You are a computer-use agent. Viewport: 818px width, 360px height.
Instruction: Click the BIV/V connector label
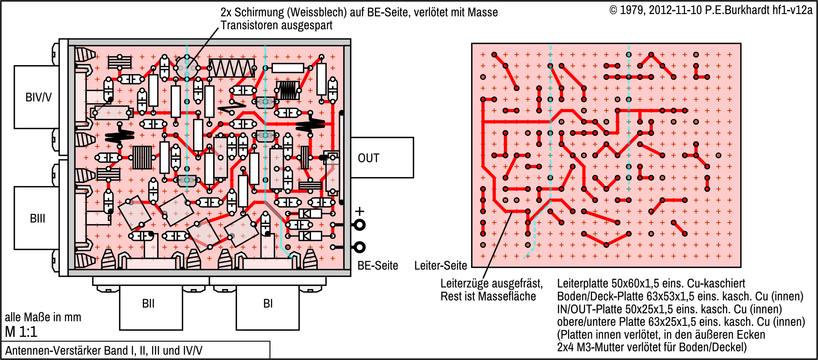(x=38, y=98)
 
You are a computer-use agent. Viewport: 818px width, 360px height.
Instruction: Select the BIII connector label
(x=38, y=219)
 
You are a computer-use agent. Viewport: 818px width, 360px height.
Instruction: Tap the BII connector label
(x=148, y=304)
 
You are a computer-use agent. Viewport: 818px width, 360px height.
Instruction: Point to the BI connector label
(x=268, y=304)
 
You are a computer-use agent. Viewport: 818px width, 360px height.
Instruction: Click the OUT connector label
(x=368, y=158)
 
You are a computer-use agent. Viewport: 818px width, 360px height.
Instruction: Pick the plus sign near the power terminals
(x=359, y=212)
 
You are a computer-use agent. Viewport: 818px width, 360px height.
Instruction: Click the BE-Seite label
(x=378, y=266)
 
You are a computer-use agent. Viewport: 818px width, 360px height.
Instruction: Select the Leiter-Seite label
(x=440, y=266)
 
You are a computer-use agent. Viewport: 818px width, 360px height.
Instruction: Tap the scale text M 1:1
(x=21, y=332)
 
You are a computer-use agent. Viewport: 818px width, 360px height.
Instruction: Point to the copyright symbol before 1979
(x=613, y=10)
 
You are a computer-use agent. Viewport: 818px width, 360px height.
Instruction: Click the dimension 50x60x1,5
(x=639, y=284)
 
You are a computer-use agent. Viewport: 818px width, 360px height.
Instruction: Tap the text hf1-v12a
(x=792, y=10)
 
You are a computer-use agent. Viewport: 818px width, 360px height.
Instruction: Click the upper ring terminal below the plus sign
(x=359, y=225)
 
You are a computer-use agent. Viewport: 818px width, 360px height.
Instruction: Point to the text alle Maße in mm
(x=43, y=317)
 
